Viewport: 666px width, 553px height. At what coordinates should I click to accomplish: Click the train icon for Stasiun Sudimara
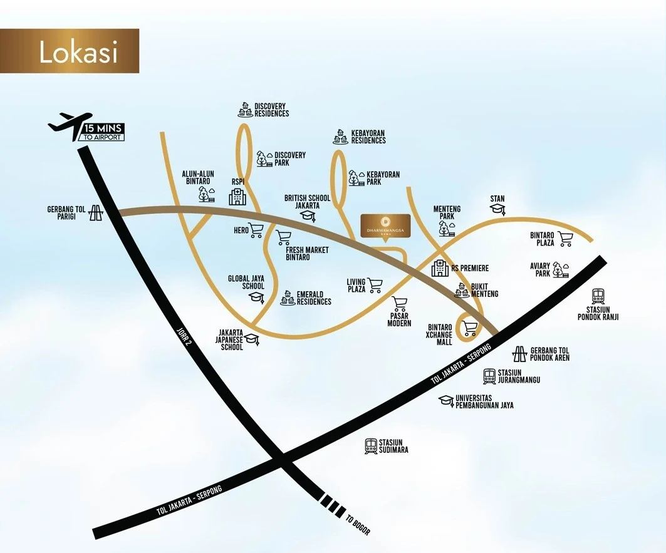(x=371, y=446)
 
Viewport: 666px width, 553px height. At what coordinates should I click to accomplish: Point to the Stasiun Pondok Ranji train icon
(x=598, y=296)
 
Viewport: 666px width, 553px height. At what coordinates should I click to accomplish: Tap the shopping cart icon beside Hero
(x=256, y=230)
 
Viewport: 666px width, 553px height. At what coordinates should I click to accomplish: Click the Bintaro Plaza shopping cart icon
(x=566, y=239)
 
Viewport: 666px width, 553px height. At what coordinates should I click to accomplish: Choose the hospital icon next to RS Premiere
(x=440, y=268)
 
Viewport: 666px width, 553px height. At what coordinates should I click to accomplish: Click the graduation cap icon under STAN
(x=497, y=209)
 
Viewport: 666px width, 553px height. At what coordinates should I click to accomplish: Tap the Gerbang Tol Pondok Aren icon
(x=519, y=354)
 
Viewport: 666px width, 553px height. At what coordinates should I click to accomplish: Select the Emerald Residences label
(x=314, y=297)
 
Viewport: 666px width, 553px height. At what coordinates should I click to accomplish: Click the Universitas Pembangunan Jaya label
(x=484, y=401)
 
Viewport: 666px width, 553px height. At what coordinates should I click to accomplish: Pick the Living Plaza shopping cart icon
(x=375, y=286)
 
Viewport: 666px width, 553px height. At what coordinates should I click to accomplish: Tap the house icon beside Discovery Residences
(x=244, y=110)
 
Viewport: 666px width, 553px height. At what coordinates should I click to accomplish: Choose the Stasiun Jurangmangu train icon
(x=489, y=376)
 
